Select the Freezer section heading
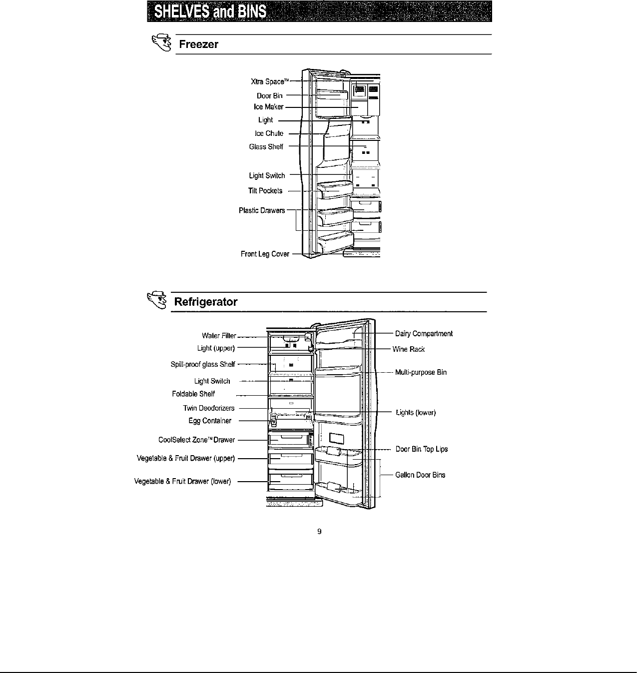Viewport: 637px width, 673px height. click(199, 44)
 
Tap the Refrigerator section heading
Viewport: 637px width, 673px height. click(205, 302)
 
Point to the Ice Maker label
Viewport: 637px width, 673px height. click(268, 107)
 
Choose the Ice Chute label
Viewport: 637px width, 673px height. click(269, 133)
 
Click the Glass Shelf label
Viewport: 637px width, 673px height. click(266, 146)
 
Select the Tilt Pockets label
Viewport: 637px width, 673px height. click(265, 191)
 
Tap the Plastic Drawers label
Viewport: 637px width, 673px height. click(262, 210)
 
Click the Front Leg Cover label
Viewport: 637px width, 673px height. click(265, 254)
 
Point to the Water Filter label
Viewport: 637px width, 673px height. click(219, 336)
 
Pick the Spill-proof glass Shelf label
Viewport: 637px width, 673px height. click(202, 364)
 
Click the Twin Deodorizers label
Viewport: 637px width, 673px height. click(209, 408)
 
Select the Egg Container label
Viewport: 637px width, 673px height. click(210, 421)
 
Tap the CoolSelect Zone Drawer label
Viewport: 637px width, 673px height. click(196, 440)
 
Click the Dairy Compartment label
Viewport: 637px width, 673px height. click(424, 334)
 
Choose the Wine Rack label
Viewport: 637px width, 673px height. click(408, 349)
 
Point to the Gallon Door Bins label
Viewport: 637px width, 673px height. click(420, 475)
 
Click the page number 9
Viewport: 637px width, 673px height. click(319, 532)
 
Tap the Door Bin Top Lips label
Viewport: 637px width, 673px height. click(422, 449)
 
